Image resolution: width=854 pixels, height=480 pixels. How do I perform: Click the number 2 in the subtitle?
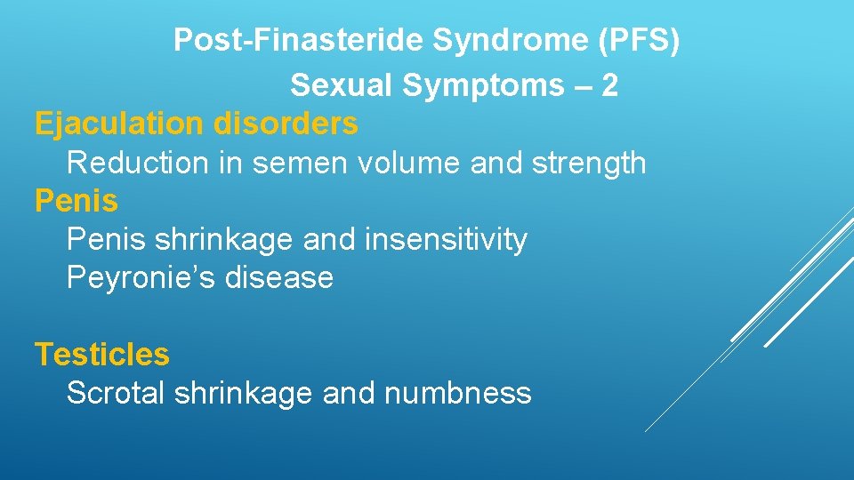tap(609, 86)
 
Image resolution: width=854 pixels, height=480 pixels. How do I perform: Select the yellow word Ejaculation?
tap(119, 124)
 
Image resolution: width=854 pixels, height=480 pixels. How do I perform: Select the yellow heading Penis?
tap(76, 202)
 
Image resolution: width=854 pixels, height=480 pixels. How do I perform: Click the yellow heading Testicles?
tap(101, 355)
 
